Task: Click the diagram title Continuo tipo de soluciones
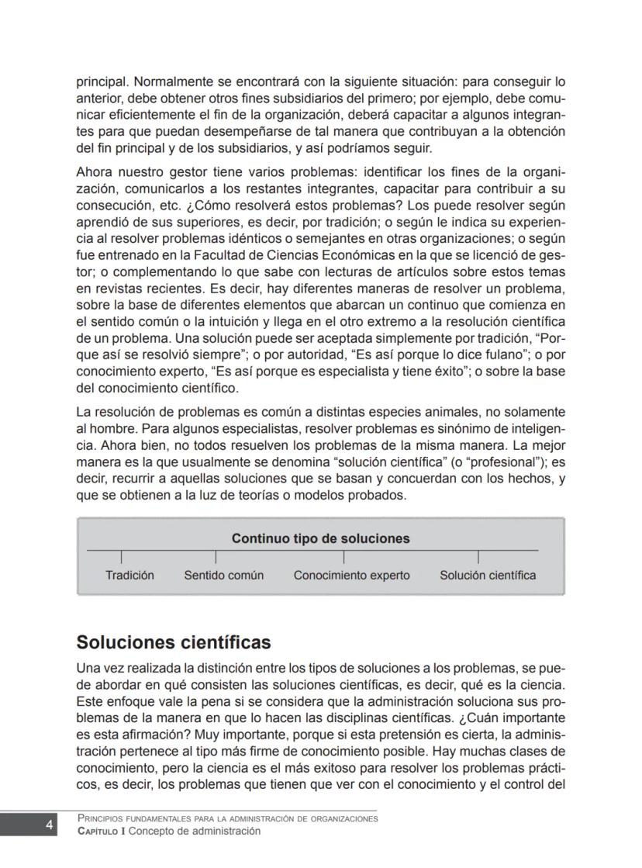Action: coord(320,538)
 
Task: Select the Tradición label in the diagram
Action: coord(129,576)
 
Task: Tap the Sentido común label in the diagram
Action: coord(223,576)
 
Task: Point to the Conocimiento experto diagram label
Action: coord(351,576)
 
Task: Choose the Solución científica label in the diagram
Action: coord(487,576)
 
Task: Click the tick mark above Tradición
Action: coord(122,557)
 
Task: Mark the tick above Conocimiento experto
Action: coord(344,557)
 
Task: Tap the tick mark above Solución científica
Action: coord(478,557)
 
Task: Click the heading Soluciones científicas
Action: coord(174,643)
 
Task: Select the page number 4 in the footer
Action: coord(49,825)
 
